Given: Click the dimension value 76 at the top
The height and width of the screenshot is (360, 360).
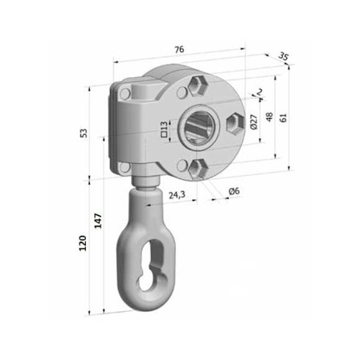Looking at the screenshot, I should tap(178, 50).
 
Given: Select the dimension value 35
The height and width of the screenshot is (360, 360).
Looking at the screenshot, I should tap(283, 57).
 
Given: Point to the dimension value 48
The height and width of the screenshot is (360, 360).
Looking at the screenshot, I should tap(269, 117).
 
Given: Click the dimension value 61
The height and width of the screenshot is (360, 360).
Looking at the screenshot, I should tap(283, 117).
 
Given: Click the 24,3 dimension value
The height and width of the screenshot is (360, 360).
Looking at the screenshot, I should tap(178, 194).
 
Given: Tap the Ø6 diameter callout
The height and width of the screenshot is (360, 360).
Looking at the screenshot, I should tap(234, 191).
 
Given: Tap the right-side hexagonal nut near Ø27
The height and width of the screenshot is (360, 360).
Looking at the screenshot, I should tap(234, 122).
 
